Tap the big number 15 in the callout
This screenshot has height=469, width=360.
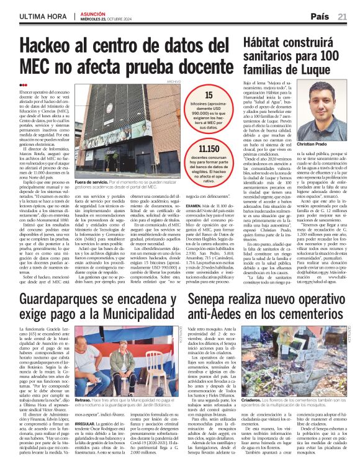click(x=209, y=96)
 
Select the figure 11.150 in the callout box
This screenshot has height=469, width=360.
click(x=209, y=150)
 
